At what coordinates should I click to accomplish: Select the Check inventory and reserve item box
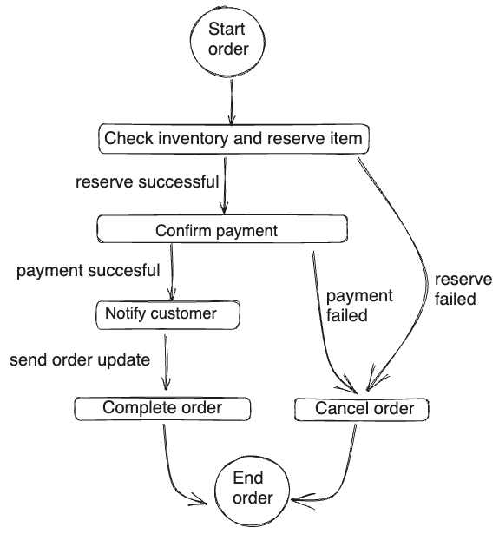click(x=233, y=139)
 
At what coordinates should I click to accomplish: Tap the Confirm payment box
click(x=222, y=229)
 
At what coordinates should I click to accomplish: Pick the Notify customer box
click(x=167, y=315)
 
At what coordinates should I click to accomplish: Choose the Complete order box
click(x=162, y=408)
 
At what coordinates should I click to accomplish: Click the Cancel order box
click(x=362, y=409)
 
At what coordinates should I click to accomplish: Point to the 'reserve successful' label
click(x=147, y=181)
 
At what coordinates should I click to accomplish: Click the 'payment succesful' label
click(x=89, y=271)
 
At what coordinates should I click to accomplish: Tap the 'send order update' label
click(x=80, y=360)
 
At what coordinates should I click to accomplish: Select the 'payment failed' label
click(x=359, y=306)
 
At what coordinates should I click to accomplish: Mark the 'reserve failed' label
click(x=463, y=289)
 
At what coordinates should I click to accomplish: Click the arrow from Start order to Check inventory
click(x=232, y=102)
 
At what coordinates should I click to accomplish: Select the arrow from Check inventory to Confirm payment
click(x=224, y=186)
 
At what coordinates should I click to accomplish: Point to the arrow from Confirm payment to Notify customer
click(x=172, y=272)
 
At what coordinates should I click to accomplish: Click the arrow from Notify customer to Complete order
click(x=166, y=362)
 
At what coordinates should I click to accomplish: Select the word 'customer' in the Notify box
click(x=183, y=313)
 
